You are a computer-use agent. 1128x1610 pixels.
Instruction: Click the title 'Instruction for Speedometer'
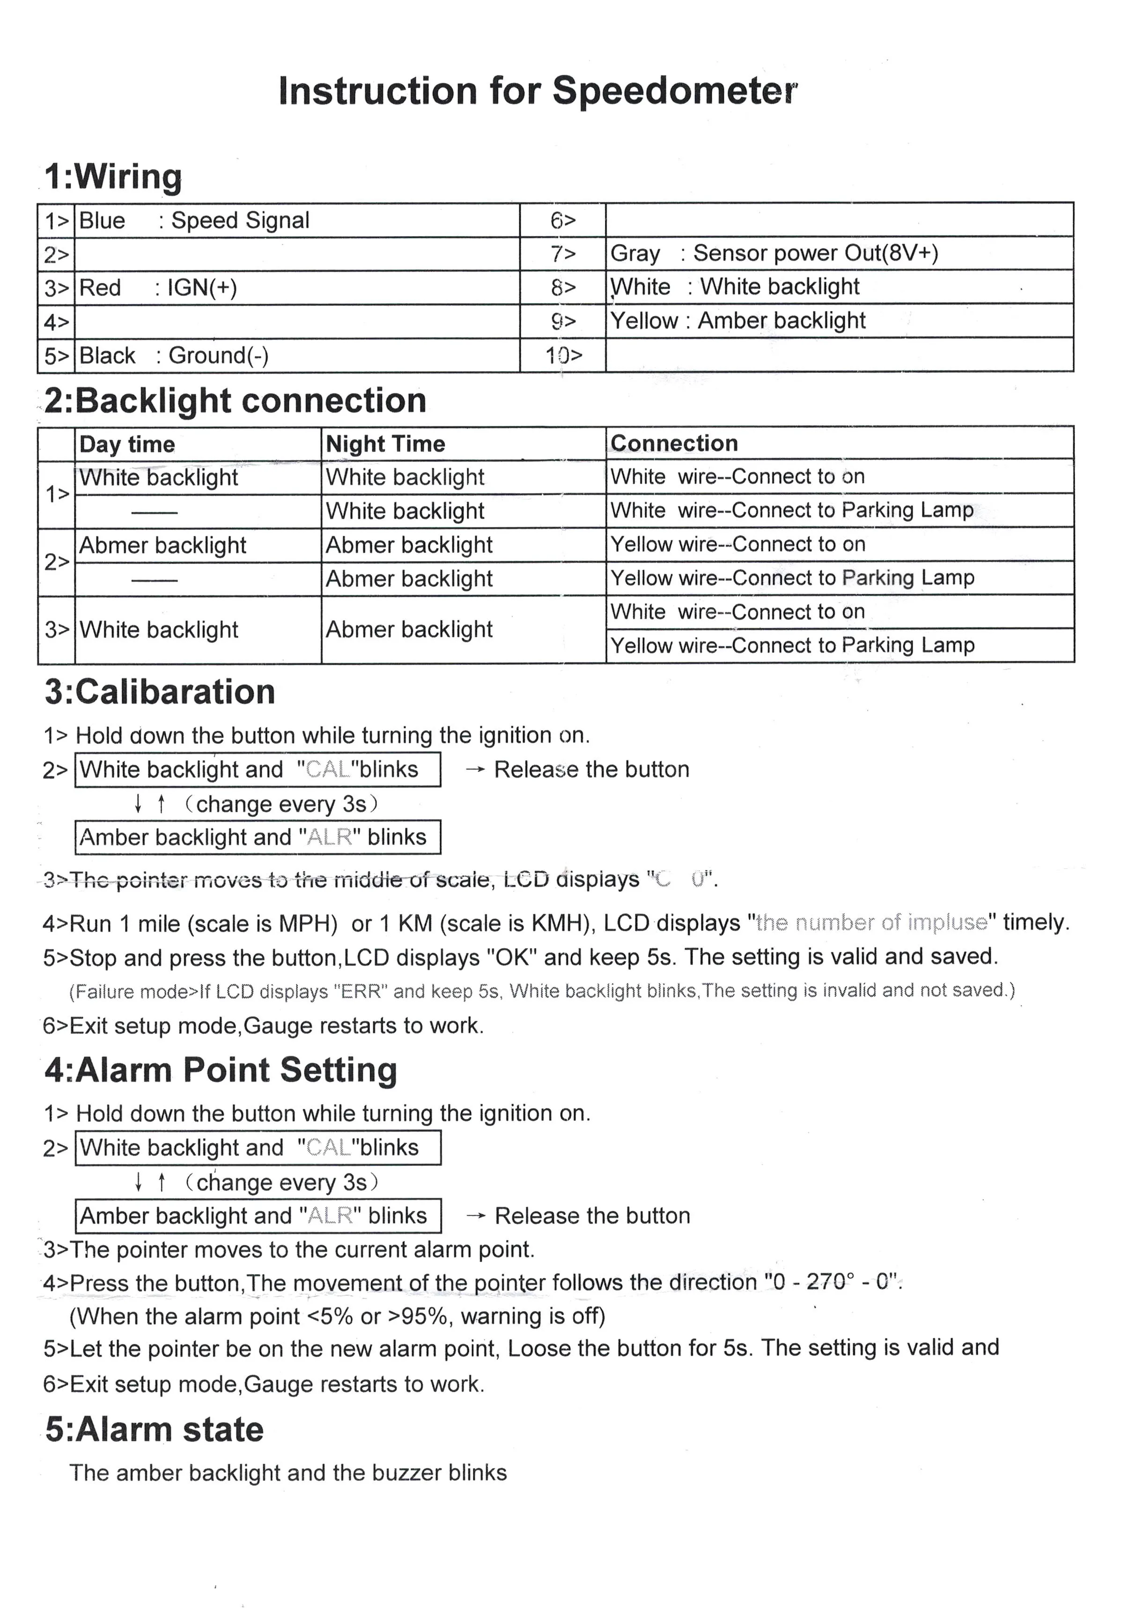[538, 91]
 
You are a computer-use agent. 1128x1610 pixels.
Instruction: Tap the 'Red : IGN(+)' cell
[158, 288]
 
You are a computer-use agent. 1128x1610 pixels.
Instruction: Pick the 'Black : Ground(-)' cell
[174, 356]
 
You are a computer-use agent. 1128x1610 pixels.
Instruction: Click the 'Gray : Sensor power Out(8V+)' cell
[774, 253]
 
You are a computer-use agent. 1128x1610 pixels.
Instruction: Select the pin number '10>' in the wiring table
[564, 356]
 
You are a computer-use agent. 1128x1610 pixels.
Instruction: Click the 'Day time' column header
[127, 445]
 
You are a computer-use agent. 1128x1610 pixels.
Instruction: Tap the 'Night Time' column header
[385, 444]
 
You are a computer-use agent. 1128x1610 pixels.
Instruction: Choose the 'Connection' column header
[674, 443]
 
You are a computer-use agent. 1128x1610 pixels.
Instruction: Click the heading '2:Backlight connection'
[235, 401]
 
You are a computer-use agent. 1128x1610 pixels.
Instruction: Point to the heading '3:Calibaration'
[160, 692]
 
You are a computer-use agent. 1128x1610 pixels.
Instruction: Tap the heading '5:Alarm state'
[154, 1430]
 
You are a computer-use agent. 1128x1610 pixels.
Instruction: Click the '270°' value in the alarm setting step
[831, 1283]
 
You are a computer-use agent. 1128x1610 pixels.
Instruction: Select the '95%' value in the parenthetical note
[423, 1316]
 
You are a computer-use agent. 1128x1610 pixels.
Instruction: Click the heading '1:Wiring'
[112, 177]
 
